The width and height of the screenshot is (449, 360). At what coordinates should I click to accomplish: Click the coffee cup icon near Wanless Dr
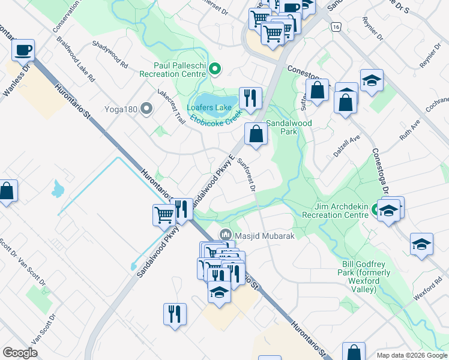(x=23, y=50)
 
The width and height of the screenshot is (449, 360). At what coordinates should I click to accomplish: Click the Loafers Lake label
(x=209, y=108)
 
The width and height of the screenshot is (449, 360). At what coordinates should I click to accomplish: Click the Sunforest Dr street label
(x=246, y=175)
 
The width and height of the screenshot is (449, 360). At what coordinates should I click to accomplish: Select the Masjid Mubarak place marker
(x=226, y=235)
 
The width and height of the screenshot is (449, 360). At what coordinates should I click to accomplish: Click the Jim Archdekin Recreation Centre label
(x=334, y=211)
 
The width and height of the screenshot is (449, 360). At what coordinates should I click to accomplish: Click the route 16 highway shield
(x=335, y=28)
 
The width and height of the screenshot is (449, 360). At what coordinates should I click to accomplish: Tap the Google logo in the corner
(x=20, y=353)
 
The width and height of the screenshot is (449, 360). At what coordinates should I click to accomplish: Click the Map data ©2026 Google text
(x=411, y=355)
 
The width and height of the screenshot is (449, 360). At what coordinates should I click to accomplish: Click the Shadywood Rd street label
(x=110, y=54)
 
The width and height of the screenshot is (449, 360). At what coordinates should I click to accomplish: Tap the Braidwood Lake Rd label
(x=76, y=61)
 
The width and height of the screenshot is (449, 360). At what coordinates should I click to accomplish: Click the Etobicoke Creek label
(x=215, y=117)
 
